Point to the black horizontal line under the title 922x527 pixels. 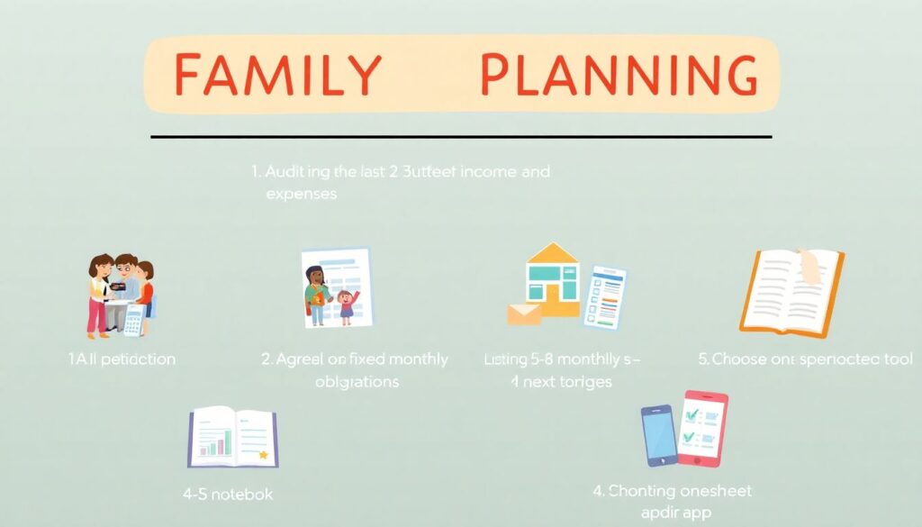coord(461,137)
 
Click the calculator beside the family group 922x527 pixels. coord(134,319)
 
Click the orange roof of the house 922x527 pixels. coord(553,254)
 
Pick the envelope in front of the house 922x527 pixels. coord(524,313)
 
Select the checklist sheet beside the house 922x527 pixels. coord(605,296)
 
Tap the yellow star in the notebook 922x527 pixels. coord(263,455)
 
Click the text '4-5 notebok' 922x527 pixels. coord(227,494)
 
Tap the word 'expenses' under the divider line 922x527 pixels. coord(301,193)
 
